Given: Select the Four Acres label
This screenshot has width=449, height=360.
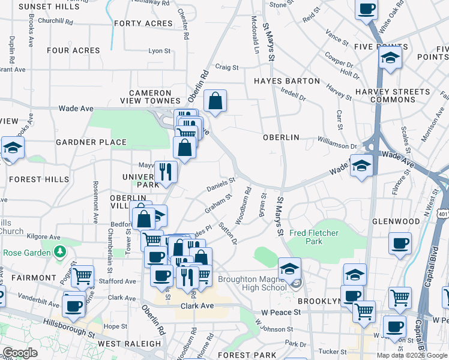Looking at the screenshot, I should click(73, 50).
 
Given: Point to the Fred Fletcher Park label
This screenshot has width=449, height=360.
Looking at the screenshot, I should click(314, 237).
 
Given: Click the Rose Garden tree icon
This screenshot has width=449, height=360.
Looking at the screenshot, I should click(59, 252).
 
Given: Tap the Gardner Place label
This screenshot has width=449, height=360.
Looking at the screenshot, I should click(91, 142).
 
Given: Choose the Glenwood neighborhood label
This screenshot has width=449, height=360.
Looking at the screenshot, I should click(412, 221).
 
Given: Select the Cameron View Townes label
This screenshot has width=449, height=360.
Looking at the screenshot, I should click(155, 97).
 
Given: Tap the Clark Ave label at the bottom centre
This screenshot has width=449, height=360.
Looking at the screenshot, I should click(197, 306).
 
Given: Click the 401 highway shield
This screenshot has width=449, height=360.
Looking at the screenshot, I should click(443, 214).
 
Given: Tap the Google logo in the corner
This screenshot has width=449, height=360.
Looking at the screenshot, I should click(20, 353).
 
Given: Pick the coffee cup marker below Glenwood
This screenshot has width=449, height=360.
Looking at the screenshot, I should click(400, 244).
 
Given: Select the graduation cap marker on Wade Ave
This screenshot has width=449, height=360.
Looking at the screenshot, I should click(361, 166).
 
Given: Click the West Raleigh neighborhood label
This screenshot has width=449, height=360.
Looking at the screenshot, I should click(124, 344).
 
